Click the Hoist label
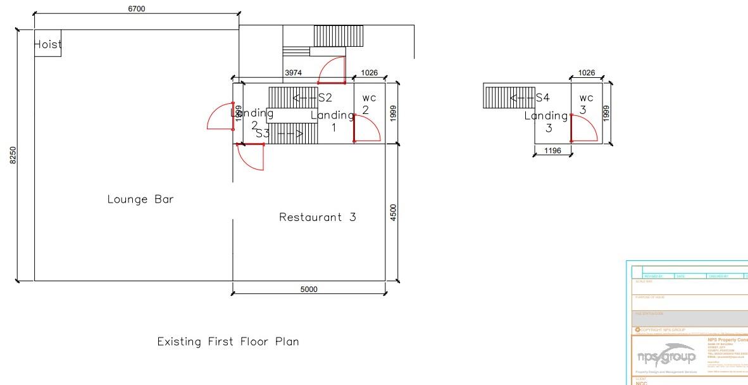48,44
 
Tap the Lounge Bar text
140,199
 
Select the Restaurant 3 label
318,217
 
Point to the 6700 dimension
136,8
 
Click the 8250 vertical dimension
13,155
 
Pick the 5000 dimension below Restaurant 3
309,289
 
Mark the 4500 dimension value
393,212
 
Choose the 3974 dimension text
293,73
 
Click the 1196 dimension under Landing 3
552,151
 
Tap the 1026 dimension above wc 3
587,73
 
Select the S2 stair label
325,98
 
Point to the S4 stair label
543,98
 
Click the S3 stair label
263,134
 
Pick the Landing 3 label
547,122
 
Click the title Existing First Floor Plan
228,341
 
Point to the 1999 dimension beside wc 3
606,113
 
